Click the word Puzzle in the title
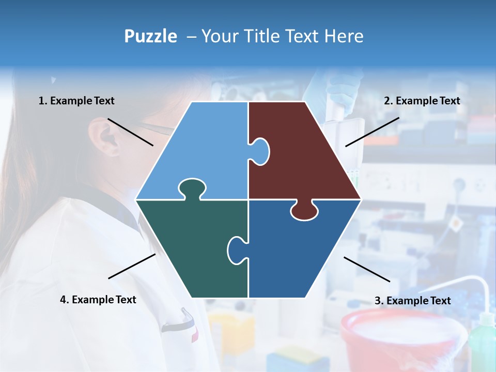150,36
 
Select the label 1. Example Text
76,101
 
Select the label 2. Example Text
422,101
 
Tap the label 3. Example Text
412,301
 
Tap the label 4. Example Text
98,300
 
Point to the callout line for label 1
130,132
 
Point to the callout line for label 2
372,132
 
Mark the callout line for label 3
367,269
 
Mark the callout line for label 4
132,266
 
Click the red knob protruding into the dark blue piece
304,210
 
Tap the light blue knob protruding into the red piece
260,150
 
